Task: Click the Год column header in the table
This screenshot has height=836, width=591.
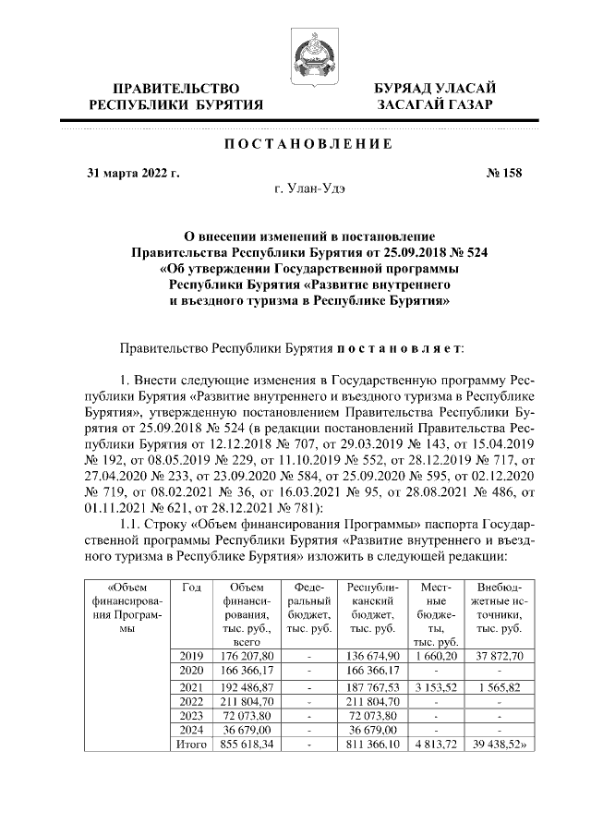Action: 192,588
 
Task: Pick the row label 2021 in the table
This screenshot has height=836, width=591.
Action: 192,688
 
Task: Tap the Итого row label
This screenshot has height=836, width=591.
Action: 192,744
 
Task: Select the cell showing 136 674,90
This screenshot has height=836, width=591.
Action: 372,655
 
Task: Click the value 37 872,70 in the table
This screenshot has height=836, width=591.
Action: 499,655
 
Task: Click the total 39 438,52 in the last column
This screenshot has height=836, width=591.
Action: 499,744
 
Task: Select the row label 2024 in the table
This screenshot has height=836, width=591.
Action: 192,730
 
